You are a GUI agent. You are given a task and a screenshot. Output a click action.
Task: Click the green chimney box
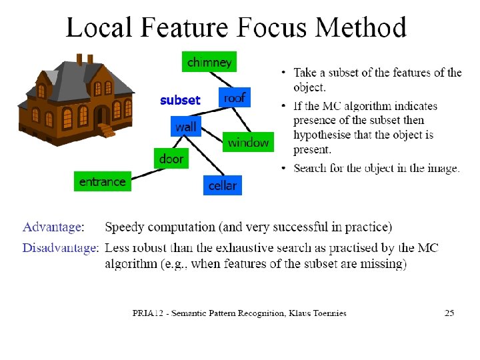click(x=209, y=62)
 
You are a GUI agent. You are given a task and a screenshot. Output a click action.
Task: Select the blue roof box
click(x=234, y=97)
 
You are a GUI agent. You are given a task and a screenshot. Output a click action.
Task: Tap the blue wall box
click(x=186, y=127)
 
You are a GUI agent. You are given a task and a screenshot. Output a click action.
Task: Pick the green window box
click(x=248, y=142)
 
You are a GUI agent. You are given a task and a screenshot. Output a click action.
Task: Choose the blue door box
click(x=171, y=159)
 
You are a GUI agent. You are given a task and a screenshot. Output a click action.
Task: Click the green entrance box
click(x=102, y=181)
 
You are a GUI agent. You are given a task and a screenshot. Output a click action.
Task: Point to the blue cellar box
click(x=222, y=185)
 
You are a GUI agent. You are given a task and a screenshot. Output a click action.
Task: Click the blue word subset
click(x=180, y=100)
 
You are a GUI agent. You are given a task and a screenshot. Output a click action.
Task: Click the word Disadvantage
click(x=59, y=248)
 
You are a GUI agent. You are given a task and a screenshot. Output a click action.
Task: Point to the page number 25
click(x=449, y=313)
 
